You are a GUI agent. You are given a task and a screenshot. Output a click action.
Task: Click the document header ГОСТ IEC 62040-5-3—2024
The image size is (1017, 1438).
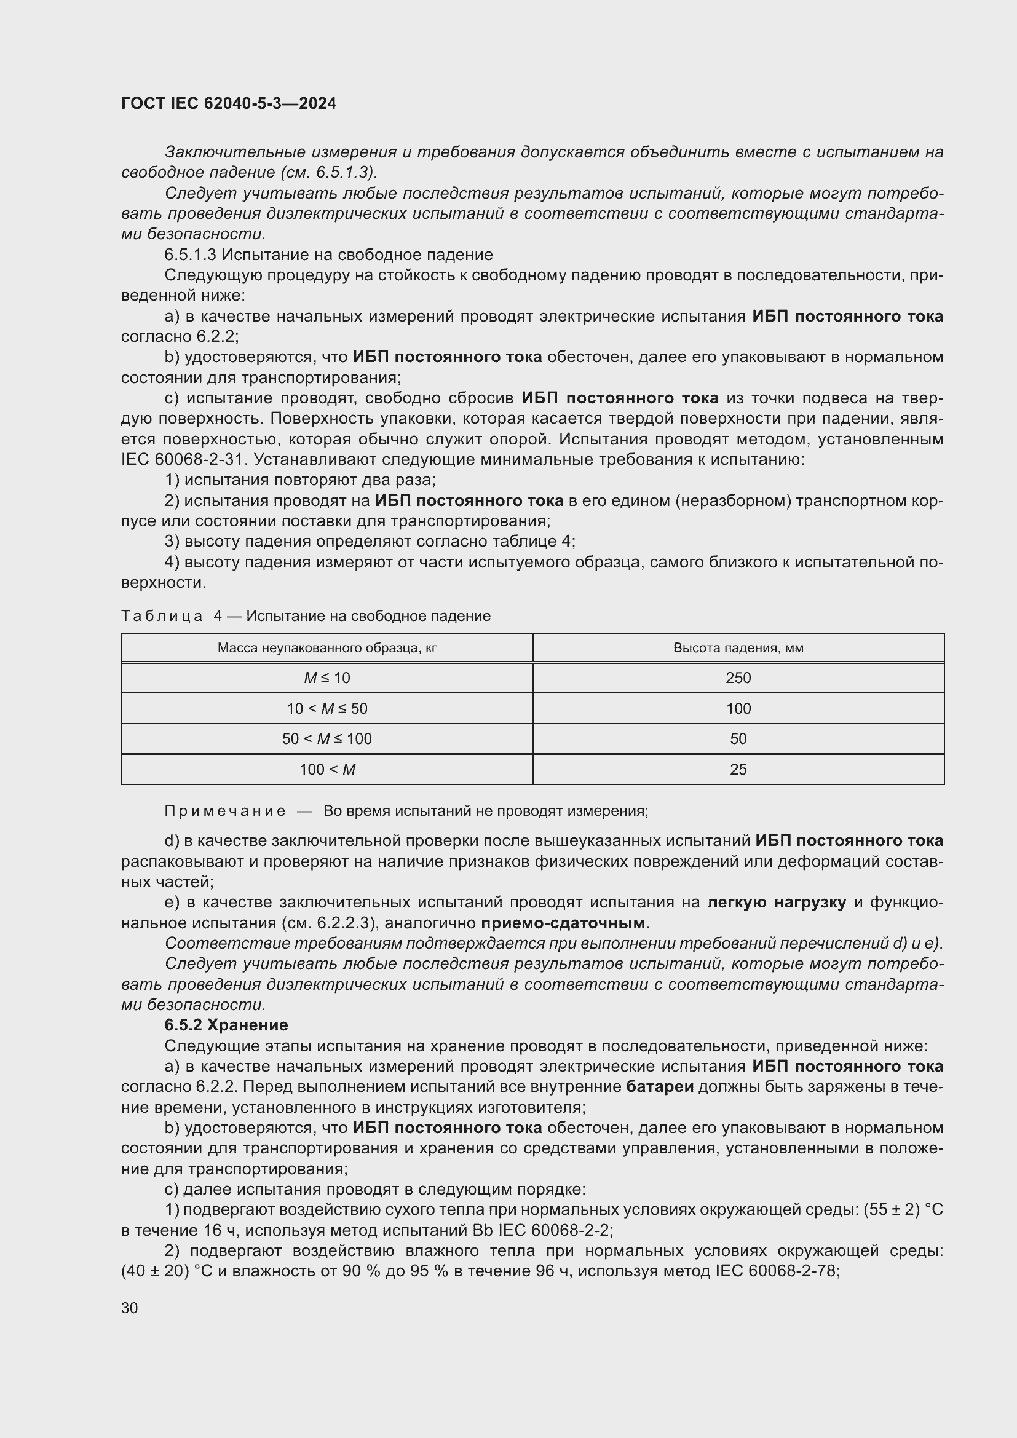[x=229, y=103]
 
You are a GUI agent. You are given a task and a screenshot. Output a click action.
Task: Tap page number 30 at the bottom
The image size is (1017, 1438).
[x=130, y=1308]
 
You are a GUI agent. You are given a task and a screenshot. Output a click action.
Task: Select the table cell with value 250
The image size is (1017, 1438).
[x=738, y=678]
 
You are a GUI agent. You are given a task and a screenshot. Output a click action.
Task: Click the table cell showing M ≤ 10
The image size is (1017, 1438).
[x=327, y=678]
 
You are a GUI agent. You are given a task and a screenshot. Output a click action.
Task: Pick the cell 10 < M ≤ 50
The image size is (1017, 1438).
[x=327, y=708]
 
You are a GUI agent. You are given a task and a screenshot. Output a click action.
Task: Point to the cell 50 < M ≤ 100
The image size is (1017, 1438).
[x=327, y=738]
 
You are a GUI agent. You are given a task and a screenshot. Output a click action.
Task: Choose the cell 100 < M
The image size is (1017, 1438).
[x=327, y=769]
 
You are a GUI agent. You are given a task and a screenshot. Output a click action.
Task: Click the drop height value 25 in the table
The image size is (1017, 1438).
[x=738, y=769]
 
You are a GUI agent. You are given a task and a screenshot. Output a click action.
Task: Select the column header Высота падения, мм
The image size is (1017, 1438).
[x=738, y=647]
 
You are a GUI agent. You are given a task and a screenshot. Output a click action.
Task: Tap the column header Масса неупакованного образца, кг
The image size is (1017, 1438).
[x=327, y=647]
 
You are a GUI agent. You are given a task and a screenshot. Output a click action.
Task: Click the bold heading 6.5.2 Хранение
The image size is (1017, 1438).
[x=226, y=1025]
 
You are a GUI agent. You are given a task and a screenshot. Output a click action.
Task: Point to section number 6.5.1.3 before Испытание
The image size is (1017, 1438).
[x=191, y=255]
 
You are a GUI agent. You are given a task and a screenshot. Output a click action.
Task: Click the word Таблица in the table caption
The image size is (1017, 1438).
[x=162, y=616]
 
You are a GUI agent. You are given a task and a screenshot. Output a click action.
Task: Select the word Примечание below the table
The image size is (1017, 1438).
[x=225, y=811]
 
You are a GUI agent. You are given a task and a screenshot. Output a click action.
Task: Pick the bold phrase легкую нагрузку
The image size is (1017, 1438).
[x=777, y=902]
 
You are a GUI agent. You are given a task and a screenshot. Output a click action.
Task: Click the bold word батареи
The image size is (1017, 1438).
[x=659, y=1086]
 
